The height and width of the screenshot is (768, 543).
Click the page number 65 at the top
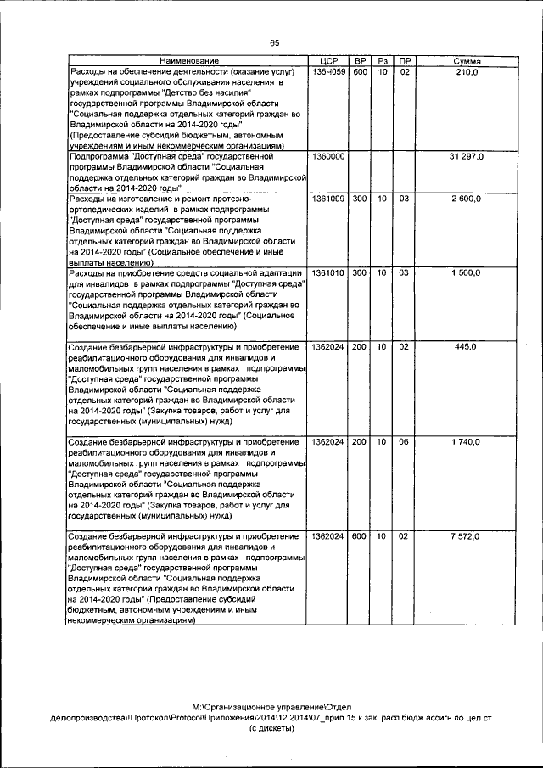tap(274, 43)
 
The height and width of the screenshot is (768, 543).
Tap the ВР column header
tap(361, 62)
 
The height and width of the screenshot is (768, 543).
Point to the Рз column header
tap(383, 62)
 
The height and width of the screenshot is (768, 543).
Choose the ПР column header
tap(405, 62)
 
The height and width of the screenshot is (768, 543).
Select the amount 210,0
tap(467, 73)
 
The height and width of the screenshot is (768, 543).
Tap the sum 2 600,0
tap(467, 199)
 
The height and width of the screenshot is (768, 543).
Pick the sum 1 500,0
tap(467, 272)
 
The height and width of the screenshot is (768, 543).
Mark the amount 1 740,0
tap(467, 442)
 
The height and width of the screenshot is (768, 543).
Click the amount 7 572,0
tap(467, 536)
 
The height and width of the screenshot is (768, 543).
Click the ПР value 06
tap(405, 442)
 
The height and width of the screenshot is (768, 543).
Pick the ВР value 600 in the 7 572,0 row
tap(360, 536)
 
